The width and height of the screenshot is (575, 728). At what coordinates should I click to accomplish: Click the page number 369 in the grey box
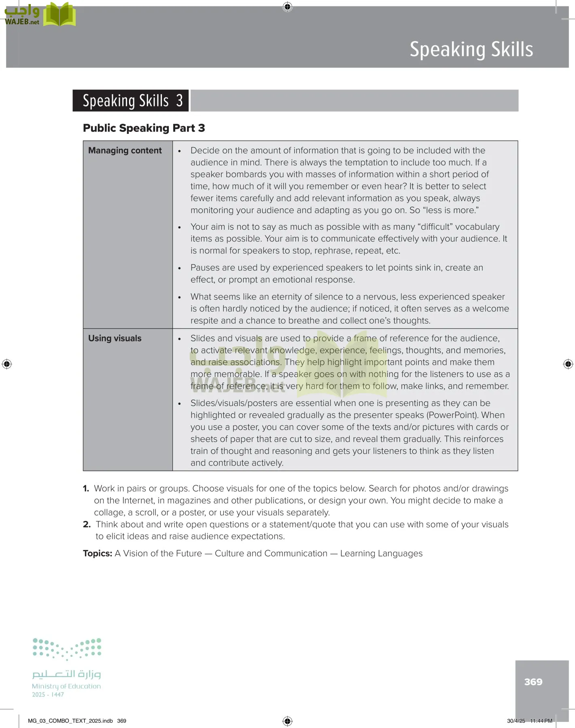coord(533,682)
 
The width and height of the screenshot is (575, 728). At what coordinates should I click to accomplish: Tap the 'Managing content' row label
coord(125,150)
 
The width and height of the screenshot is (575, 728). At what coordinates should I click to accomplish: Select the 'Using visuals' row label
coord(115,339)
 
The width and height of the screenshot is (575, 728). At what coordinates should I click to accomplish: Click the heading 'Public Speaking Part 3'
coord(144,128)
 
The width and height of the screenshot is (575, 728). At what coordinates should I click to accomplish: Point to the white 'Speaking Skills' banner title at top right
coord(471,49)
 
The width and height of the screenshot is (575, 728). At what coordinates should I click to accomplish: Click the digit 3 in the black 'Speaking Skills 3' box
coord(179,101)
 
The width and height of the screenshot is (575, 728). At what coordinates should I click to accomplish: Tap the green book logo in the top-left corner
coord(59,15)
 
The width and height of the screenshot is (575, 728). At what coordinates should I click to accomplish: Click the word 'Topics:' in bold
coord(98,553)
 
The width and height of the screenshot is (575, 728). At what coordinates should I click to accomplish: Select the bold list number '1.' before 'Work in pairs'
coord(86,489)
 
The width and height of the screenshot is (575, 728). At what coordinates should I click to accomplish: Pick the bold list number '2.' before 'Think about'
coord(87,525)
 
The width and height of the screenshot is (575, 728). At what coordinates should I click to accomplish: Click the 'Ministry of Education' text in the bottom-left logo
coord(66,686)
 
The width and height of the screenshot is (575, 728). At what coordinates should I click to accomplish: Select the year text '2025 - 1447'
coord(48,695)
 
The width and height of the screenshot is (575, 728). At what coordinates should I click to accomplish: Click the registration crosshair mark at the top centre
coord(287,6)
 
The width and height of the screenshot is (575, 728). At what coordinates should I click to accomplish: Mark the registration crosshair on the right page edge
coord(568,364)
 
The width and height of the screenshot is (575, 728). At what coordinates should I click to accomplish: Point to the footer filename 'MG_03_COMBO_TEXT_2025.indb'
coord(70,721)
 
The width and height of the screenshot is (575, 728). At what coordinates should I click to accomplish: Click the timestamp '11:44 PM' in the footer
coord(541,721)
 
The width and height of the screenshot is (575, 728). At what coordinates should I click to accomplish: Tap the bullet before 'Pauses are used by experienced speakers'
coord(180,269)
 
